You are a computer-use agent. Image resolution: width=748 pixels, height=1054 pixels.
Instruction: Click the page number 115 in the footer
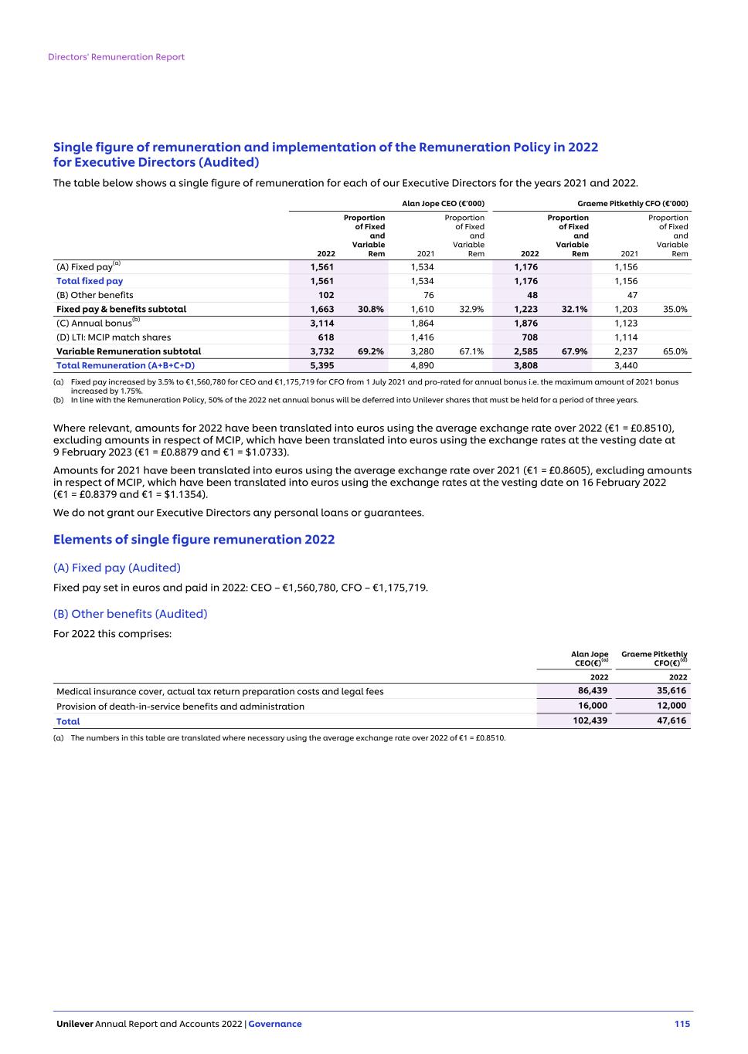682,1024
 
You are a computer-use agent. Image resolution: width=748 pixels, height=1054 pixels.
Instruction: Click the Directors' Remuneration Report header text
116,57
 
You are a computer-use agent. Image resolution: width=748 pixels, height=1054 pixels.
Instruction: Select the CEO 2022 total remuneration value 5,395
322,365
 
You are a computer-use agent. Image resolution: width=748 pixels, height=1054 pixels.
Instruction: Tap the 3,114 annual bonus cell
322,323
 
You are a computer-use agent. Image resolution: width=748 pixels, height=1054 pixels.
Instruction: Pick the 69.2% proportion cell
371,351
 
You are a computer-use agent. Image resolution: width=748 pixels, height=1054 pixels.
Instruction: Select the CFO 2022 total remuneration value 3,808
525,365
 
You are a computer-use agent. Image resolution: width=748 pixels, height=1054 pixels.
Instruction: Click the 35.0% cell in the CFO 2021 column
675,309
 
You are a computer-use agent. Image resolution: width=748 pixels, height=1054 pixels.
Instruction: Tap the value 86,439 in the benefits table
593,691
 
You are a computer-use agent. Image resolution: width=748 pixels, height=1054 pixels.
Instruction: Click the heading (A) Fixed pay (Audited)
117,568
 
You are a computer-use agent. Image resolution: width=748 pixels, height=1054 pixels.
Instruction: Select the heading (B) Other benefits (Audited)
130,614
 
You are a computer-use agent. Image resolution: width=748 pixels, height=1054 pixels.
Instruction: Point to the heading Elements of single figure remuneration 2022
194,539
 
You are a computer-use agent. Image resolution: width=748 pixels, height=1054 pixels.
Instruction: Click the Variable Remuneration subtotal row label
128,351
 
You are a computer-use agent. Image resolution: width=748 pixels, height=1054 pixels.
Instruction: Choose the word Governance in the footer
275,1024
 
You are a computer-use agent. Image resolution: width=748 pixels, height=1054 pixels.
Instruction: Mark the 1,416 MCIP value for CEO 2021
422,337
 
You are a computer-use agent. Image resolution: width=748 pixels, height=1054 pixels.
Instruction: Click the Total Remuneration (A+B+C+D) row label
125,365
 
